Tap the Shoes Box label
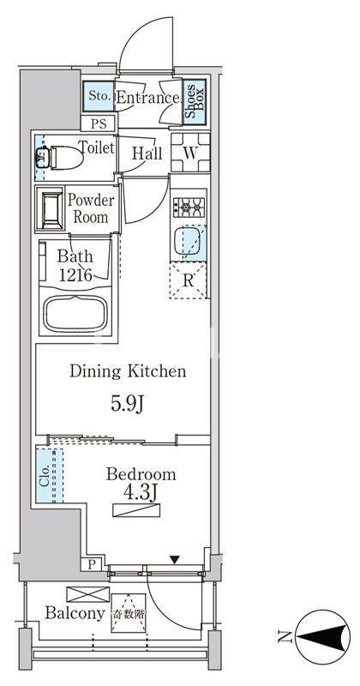pyautogui.click(x=194, y=99)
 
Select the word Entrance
pyautogui.click(x=147, y=98)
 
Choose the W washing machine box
pyautogui.click(x=189, y=152)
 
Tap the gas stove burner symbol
pyautogui.click(x=189, y=207)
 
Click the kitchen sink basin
pyautogui.click(x=189, y=243)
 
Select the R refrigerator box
pyautogui.click(x=189, y=280)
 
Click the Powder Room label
pyautogui.click(x=91, y=208)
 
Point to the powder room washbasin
pyautogui.click(x=51, y=208)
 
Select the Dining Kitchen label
pyautogui.click(x=128, y=372)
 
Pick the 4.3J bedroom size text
pyautogui.click(x=141, y=493)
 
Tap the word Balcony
pyautogui.click(x=75, y=614)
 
